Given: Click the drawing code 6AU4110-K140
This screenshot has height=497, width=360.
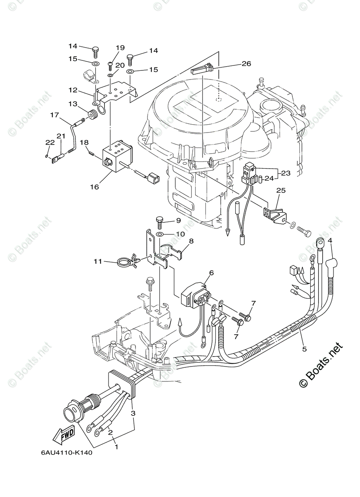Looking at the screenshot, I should click(66, 452).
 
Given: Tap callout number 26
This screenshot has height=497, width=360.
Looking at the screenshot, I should click(246, 64).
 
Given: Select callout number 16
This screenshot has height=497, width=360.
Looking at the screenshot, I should click(94, 187).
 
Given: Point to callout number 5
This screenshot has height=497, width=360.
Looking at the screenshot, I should click(304, 349).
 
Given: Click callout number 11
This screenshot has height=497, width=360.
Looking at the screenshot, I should click(98, 261).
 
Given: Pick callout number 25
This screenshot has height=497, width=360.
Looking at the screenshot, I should click(281, 191).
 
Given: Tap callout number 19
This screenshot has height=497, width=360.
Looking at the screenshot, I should click(120, 48).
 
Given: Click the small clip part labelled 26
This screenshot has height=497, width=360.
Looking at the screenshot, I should click(202, 69).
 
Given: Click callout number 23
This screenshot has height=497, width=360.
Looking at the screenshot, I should click(286, 174).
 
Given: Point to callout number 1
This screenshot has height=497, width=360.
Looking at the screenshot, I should click(116, 447).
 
